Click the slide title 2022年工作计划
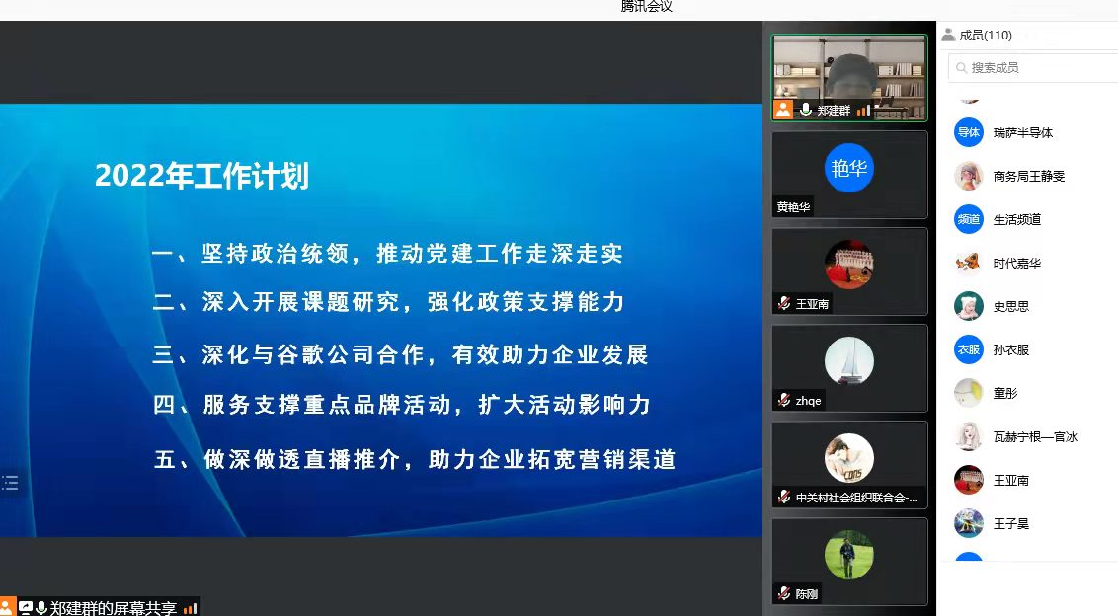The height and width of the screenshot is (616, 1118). point(201,176)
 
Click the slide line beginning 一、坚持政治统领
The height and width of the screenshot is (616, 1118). point(388,253)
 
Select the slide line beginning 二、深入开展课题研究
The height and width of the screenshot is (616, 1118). point(388,302)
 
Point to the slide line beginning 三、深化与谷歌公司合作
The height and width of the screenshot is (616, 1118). point(400,354)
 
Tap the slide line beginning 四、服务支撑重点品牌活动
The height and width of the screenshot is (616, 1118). point(402,405)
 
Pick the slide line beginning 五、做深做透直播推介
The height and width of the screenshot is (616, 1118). point(415,459)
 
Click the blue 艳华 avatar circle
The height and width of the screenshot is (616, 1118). point(849,168)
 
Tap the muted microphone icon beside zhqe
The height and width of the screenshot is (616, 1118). point(784,400)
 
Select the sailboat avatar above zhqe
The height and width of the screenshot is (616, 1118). point(849,361)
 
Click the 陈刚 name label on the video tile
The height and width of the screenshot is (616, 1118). point(807,594)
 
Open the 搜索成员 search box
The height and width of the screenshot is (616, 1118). point(1033,68)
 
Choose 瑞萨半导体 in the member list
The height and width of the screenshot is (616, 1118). point(1022,132)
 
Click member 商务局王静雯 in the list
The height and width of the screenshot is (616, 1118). point(1029,176)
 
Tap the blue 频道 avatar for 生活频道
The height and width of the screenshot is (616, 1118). point(969,219)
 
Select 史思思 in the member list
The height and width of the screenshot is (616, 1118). point(1011,307)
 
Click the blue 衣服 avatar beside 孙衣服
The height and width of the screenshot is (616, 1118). point(969,350)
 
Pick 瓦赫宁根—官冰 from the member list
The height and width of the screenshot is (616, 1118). point(1035,437)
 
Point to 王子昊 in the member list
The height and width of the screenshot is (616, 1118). point(1011,524)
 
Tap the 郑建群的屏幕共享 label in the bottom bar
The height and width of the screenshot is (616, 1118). point(114,608)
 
